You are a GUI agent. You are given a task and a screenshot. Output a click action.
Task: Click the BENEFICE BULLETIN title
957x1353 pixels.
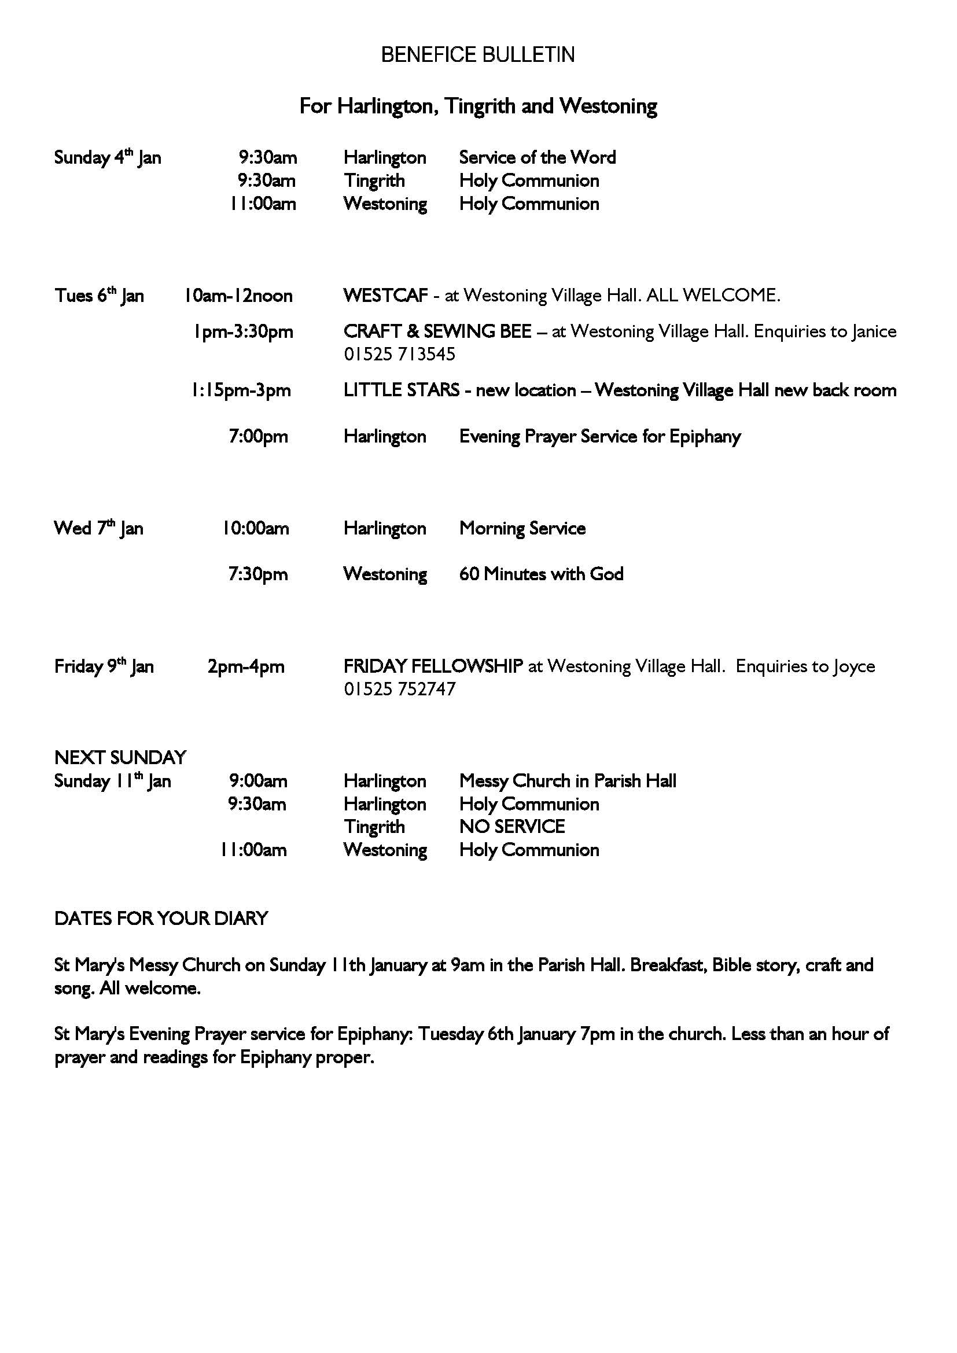point(478,55)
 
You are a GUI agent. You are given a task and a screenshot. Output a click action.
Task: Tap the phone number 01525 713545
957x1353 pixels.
point(400,354)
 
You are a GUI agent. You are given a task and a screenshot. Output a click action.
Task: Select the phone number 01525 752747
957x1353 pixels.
point(400,689)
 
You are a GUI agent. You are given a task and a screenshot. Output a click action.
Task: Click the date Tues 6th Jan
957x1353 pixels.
point(99,295)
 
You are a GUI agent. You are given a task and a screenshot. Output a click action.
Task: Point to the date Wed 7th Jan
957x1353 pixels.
point(98,528)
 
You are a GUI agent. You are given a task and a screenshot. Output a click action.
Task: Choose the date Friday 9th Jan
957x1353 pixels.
point(104,666)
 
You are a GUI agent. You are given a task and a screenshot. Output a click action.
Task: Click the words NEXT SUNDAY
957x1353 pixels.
point(120,757)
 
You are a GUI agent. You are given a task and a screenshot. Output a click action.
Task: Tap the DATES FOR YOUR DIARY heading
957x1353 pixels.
point(161,918)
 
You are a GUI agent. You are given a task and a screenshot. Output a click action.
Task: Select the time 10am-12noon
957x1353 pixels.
point(238,295)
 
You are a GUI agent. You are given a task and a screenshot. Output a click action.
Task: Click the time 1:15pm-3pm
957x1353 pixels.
point(241,390)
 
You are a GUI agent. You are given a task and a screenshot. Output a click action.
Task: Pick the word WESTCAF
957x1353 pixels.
point(385,295)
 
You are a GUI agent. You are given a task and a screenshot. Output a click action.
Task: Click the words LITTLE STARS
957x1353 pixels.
point(402,390)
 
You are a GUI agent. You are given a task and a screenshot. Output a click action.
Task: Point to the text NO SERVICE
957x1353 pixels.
point(511,827)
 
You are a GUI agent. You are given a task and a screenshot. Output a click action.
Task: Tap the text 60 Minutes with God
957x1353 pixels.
point(541,574)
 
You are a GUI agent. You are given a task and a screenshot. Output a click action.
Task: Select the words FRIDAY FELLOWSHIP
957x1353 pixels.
point(433,666)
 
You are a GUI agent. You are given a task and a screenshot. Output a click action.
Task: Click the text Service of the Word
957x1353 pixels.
point(538,157)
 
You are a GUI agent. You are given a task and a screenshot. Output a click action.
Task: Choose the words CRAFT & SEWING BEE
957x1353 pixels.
point(437,332)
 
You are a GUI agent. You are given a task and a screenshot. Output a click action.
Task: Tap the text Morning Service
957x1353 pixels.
point(522,528)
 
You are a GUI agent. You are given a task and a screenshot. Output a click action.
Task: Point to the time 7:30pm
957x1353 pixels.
point(258,574)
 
